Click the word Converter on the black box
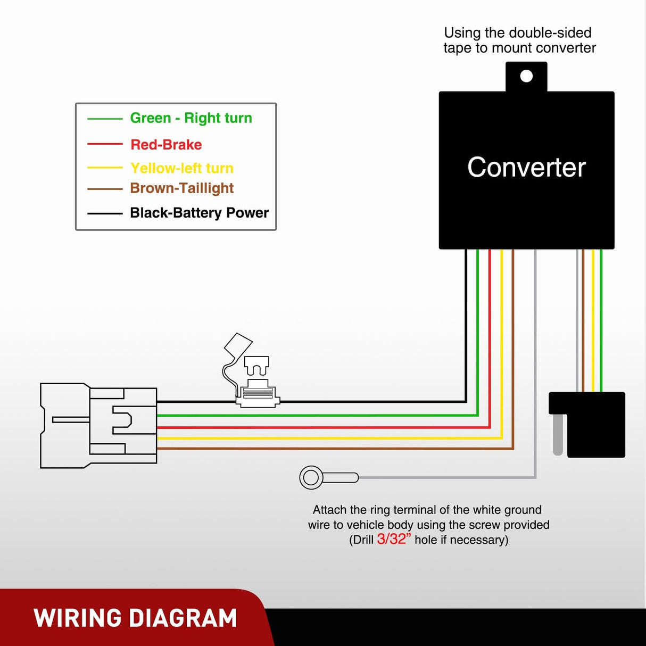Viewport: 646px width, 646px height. coord(526,167)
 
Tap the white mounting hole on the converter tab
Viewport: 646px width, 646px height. coord(526,76)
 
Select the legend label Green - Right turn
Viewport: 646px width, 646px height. coord(191,118)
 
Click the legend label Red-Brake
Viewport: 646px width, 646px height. coord(166,145)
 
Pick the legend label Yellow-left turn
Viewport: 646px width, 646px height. coord(182,168)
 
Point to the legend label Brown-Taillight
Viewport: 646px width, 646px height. coord(182,188)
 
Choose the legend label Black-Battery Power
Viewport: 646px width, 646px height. coord(199,213)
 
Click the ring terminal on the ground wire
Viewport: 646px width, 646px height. coord(312,477)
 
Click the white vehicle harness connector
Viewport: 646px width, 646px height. coord(99,426)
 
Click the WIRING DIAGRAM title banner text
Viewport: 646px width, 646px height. coord(135,618)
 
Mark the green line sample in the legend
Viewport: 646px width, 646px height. coord(105,119)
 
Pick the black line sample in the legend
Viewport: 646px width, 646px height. coord(105,213)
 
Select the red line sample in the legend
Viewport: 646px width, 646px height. coord(105,144)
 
